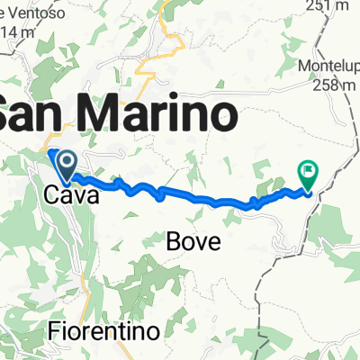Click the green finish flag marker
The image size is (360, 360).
click(x=308, y=172)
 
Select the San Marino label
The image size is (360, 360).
click(x=117, y=114)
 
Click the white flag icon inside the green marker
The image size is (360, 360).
click(x=308, y=167)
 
